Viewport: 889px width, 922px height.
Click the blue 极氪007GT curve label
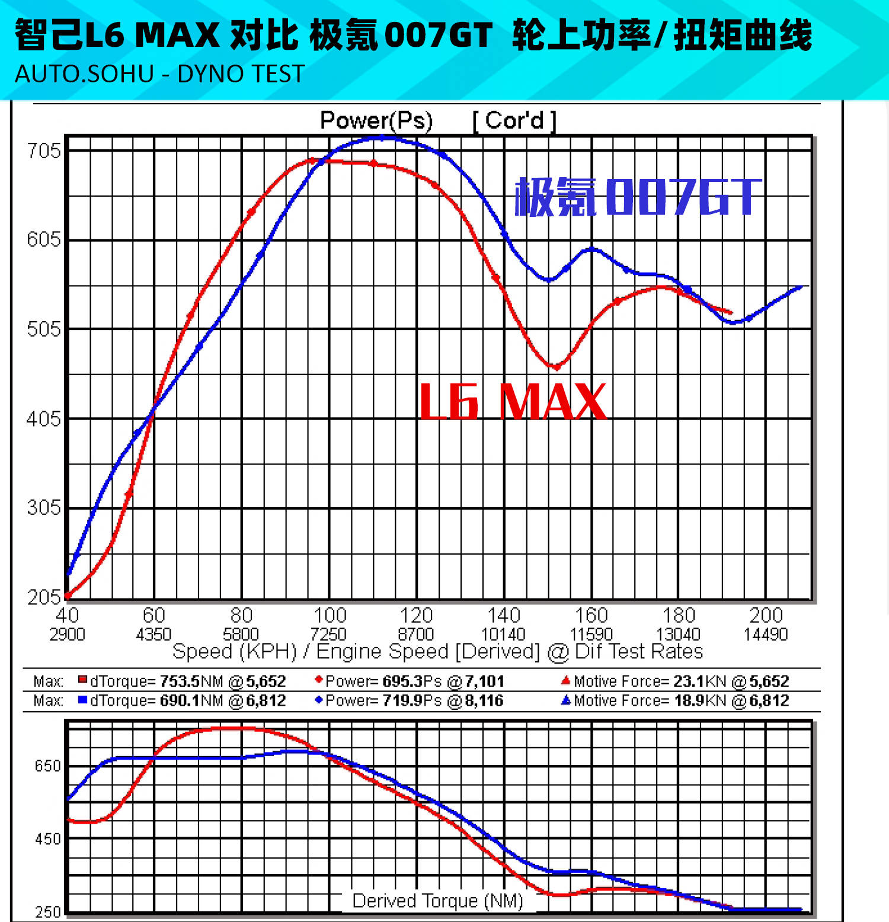pos(638,197)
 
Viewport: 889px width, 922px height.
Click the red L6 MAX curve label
pos(513,402)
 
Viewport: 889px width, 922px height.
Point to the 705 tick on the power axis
pos(44,151)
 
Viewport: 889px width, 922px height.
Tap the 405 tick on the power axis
pos(44,419)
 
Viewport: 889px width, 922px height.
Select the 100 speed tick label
pos(330,615)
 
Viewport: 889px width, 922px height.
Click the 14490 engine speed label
pos(766,635)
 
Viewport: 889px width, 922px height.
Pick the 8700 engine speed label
pos(416,635)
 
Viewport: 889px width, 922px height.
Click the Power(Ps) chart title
pos(376,120)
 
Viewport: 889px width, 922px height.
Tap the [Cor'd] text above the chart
pos(514,121)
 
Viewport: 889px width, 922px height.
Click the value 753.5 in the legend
pos(179,681)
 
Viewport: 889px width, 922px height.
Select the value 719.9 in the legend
pos(402,700)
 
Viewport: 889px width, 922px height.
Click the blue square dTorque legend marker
pos(83,700)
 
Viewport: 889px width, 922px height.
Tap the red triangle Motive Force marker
pos(565,680)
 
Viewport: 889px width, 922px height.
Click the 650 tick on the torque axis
pos(47,766)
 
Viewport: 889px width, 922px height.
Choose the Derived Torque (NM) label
pos(438,901)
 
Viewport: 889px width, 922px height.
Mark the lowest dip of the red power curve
pos(555,367)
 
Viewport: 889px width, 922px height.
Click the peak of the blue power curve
pos(382,137)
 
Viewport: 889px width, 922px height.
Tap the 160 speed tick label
pos(591,615)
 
